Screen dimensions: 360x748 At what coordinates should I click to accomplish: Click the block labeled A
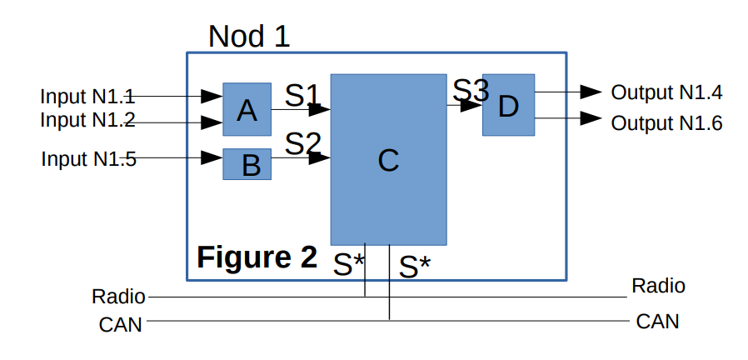click(x=247, y=109)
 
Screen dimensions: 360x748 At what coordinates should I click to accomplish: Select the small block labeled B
click(x=247, y=164)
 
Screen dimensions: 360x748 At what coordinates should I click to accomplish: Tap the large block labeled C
click(x=388, y=160)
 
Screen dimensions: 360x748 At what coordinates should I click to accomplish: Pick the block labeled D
click(x=508, y=105)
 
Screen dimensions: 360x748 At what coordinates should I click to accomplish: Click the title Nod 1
click(x=249, y=36)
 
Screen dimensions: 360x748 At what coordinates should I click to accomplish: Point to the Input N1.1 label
click(x=87, y=97)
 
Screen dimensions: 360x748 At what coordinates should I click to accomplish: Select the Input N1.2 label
click(x=87, y=120)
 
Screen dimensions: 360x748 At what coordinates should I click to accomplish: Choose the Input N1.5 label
click(x=88, y=157)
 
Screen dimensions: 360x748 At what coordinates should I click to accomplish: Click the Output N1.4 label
click(x=666, y=92)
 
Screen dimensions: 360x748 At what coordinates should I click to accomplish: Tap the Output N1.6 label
click(x=666, y=123)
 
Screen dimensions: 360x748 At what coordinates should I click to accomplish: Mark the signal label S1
click(x=303, y=94)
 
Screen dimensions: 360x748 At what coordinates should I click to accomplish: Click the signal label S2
click(x=303, y=143)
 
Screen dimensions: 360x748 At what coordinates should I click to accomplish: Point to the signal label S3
click(x=471, y=89)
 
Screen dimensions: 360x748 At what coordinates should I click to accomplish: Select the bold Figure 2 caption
click(x=257, y=257)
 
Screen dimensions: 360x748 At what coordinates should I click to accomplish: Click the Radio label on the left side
click(x=118, y=296)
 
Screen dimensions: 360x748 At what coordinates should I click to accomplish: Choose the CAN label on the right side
click(x=657, y=321)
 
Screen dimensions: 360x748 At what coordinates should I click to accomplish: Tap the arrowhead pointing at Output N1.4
click(x=591, y=91)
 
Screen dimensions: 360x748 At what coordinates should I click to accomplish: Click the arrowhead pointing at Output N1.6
click(x=591, y=118)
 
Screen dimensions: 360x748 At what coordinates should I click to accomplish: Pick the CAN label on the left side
click(x=120, y=324)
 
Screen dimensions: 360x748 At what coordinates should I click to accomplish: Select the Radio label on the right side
click(x=658, y=286)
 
